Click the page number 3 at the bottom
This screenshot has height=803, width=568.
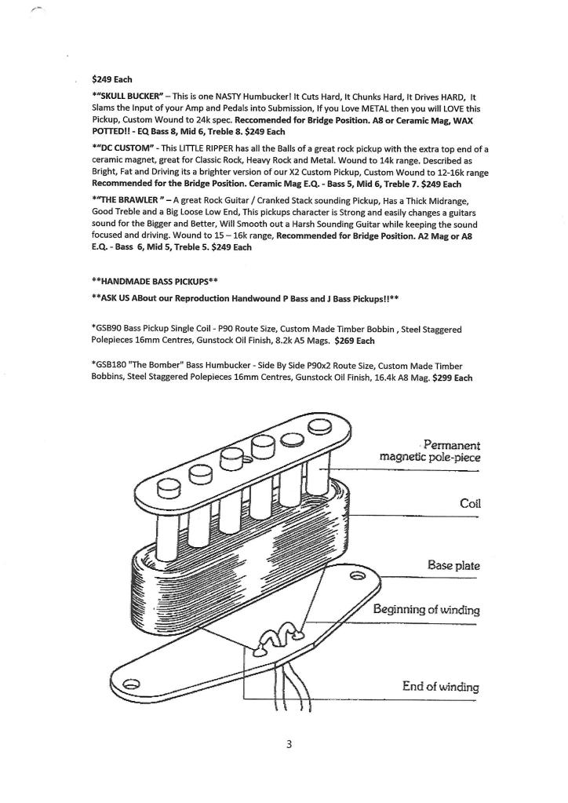pos(289,744)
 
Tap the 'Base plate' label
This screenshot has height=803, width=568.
pos(453,565)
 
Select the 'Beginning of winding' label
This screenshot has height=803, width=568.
pos(426,610)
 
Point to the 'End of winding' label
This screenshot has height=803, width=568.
pos(439,686)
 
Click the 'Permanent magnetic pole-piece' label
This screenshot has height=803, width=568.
pos(430,450)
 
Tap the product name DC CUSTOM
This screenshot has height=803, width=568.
pos(123,149)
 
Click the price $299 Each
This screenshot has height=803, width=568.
pos(452,378)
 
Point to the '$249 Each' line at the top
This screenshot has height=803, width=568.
pos(112,79)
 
